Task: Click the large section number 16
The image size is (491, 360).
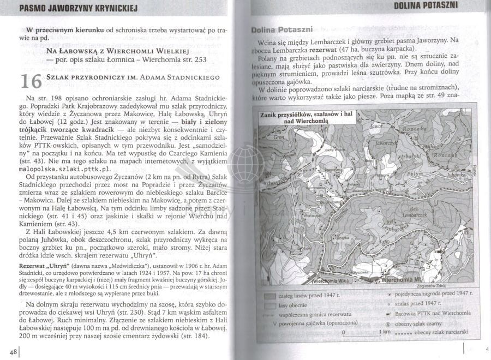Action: [30, 81]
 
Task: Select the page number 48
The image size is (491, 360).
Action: [11, 350]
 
